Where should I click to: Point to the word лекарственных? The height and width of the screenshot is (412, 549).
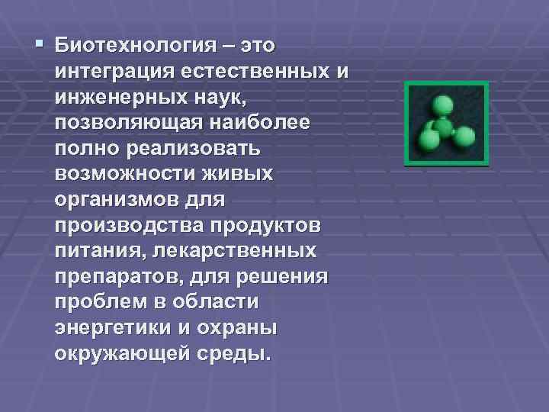click(x=251, y=253)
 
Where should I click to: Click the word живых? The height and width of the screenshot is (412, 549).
click(x=242, y=175)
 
